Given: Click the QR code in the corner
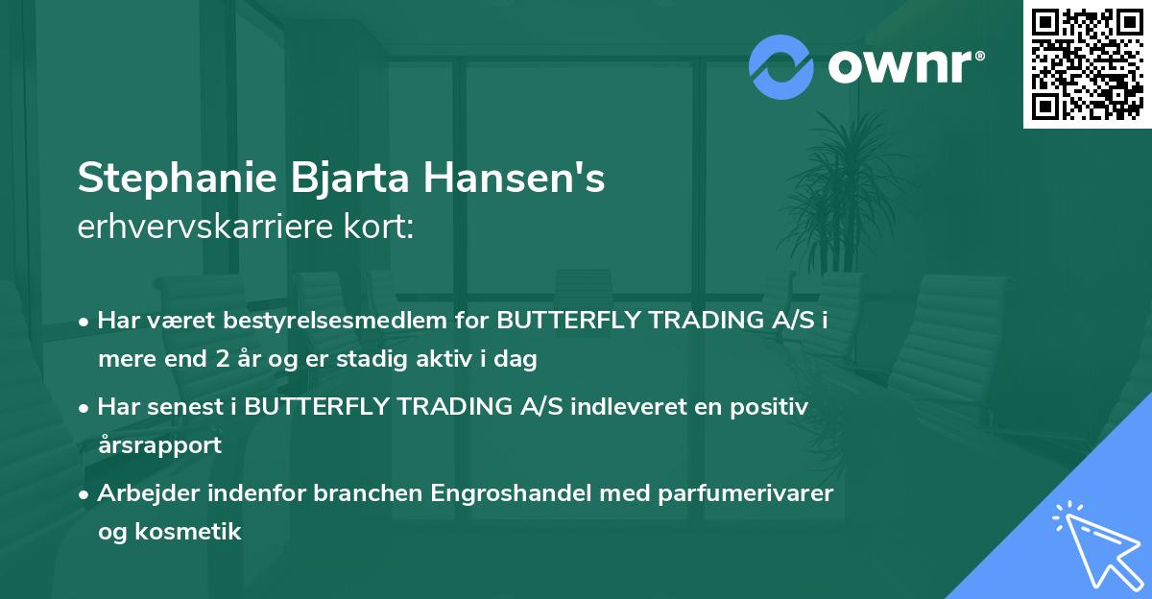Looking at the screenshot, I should click(1088, 63).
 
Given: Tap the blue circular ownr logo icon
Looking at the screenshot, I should click(781, 66).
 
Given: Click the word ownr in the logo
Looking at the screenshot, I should click(900, 66).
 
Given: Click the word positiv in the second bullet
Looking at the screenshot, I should click(774, 407).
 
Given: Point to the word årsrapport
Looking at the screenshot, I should click(159, 445).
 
